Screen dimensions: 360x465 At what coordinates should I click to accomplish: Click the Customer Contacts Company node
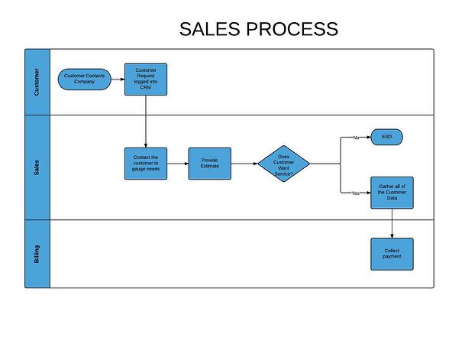[x=85, y=79]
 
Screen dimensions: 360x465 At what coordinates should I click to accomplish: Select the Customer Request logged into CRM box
[x=145, y=79]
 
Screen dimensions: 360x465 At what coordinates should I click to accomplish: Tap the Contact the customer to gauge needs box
[x=145, y=164]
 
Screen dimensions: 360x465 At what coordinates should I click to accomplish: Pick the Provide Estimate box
[x=209, y=164]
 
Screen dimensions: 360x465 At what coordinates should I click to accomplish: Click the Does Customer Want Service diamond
[x=283, y=164]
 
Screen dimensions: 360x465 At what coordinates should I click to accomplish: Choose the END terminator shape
[x=386, y=138]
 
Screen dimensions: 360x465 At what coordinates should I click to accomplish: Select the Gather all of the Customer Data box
[x=392, y=193]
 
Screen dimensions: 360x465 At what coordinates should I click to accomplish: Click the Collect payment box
[x=392, y=254]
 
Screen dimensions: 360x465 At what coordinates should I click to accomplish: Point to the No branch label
[x=356, y=138]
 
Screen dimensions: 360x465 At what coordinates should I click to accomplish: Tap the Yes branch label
[x=355, y=193]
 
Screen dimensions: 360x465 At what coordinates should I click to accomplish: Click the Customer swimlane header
[x=37, y=82]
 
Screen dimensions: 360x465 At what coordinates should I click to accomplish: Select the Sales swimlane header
[x=37, y=167]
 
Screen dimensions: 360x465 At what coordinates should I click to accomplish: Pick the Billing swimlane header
[x=37, y=254]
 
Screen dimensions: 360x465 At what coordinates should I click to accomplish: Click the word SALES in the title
[x=209, y=30]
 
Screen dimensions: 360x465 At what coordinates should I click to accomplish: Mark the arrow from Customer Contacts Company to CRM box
[x=118, y=79]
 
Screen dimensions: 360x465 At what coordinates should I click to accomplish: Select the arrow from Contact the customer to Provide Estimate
[x=178, y=164]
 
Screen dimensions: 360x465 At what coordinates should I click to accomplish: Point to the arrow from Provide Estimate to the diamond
[x=244, y=164]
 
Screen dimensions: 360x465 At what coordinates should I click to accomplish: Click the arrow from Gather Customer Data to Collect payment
[x=392, y=223]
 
